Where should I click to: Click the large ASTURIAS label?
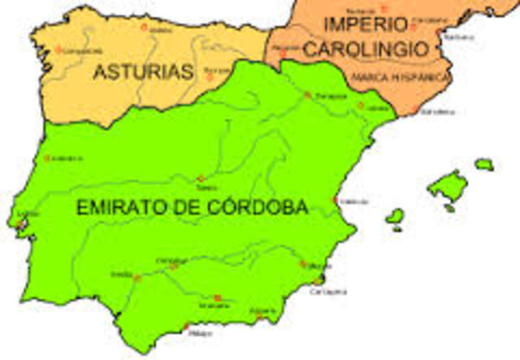[x=143, y=72]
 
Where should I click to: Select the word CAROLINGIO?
[x=365, y=49]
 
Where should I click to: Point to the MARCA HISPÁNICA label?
[x=401, y=77]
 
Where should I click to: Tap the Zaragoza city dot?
[x=307, y=94]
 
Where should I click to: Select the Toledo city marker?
[x=201, y=178]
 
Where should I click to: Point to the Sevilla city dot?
[x=137, y=278]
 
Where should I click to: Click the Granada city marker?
[x=217, y=297]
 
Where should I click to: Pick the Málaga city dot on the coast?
[x=186, y=326]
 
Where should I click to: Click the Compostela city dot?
[x=58, y=49]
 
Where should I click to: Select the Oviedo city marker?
[x=145, y=27]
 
